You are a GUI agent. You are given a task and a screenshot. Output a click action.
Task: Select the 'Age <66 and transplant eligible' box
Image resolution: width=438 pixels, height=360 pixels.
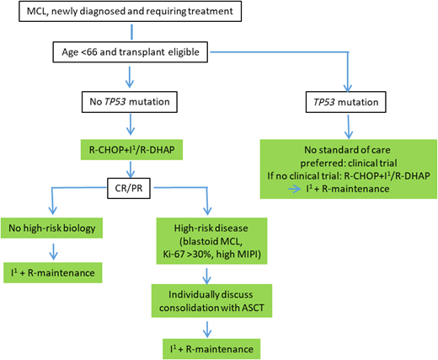126,52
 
